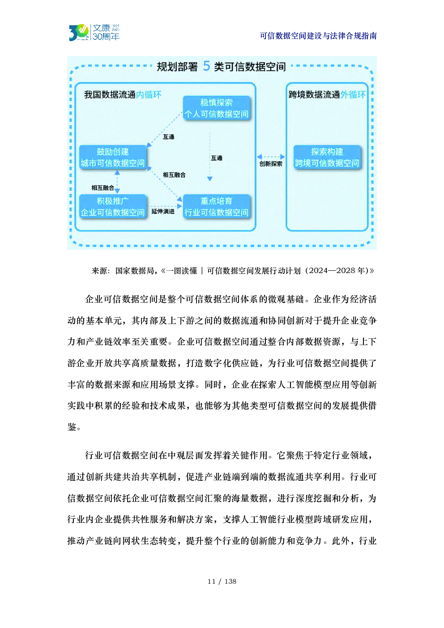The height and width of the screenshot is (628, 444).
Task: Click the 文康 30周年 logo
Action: click(94, 32)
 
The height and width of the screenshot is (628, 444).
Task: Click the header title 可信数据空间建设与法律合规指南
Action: click(318, 36)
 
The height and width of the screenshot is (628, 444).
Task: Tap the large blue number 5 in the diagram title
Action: click(206, 66)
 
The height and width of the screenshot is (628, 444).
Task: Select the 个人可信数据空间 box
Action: click(216, 108)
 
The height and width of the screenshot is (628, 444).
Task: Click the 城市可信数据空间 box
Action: click(113, 157)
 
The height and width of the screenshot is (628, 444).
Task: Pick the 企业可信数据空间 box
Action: click(113, 207)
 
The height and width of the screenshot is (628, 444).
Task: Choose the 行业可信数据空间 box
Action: click(216, 207)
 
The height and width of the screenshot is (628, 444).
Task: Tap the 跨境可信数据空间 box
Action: click(327, 157)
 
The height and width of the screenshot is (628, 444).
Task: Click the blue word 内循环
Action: click(149, 95)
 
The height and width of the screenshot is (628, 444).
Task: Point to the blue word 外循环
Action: click(353, 95)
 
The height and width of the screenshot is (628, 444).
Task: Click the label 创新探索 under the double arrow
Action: click(271, 164)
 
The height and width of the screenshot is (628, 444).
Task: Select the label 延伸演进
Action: click(163, 211)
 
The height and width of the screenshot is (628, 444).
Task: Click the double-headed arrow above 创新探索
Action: click(271, 157)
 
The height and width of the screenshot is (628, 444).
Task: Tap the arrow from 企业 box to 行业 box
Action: click(165, 206)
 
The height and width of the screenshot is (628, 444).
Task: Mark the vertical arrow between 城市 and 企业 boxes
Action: click(117, 182)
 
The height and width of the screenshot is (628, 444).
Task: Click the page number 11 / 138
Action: click(222, 581)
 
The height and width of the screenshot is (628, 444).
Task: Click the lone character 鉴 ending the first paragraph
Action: click(72, 427)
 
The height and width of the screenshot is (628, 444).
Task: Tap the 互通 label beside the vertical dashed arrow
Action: click(217, 158)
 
